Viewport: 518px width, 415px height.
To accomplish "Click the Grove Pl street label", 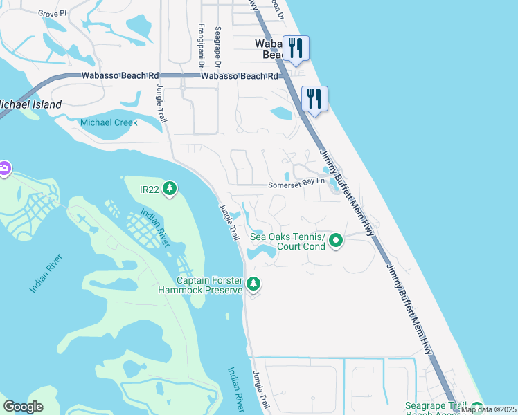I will tap(53, 13).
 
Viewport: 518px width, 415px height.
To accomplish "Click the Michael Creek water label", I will tap(109, 122).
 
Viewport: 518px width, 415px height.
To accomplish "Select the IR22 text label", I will tap(150, 189).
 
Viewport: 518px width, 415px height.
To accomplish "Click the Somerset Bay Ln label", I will tap(296, 184).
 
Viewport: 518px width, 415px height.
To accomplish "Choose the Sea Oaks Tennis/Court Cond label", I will tap(287, 241).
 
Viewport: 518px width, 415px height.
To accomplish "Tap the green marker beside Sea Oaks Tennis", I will tap(336, 241).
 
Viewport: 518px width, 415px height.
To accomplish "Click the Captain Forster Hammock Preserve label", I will tap(209, 285).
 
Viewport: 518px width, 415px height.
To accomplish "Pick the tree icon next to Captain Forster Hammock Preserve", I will tap(254, 283).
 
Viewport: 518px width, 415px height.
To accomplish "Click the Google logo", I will tap(24, 407).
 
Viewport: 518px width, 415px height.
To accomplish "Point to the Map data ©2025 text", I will tap(488, 409).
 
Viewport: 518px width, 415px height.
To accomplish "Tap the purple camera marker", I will tap(4, 169).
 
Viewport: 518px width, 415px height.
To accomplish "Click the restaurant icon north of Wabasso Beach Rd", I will tap(296, 47).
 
